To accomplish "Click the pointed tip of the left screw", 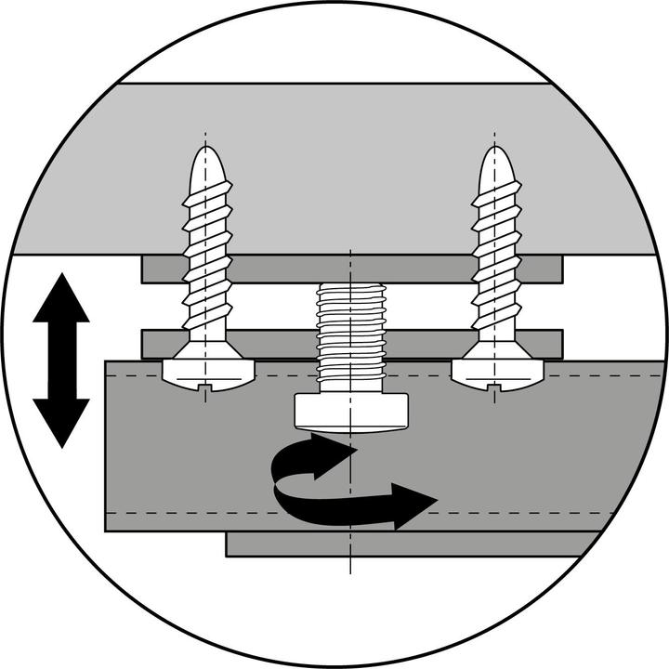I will [205, 148].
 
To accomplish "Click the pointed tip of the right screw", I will [496, 148].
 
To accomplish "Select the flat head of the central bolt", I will [351, 412].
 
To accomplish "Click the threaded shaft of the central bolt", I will [351, 334].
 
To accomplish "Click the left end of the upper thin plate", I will [149, 269].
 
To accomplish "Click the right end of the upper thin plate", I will [555, 269].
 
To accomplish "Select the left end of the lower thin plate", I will [149, 343].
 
